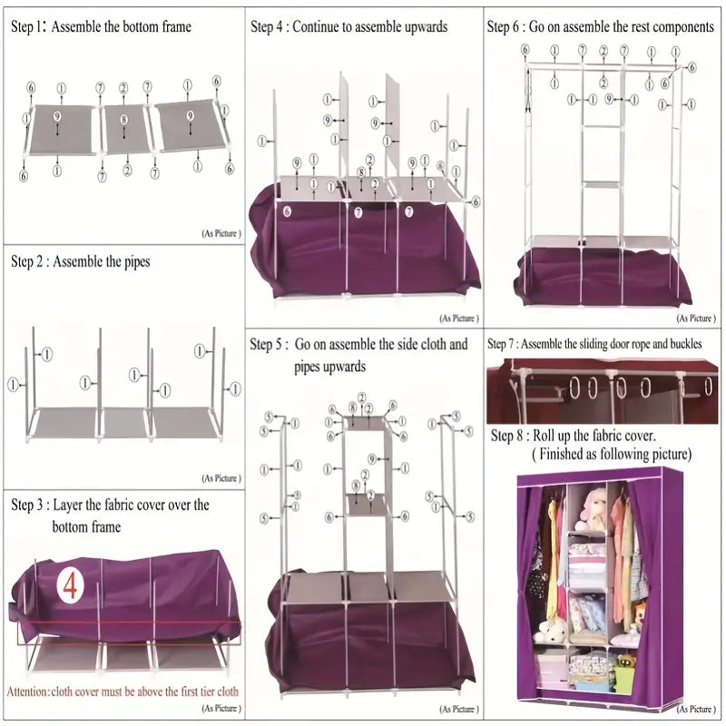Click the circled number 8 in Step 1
click(x=124, y=119)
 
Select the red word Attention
click(x=27, y=692)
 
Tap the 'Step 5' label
click(x=270, y=345)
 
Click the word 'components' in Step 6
click(x=682, y=27)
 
